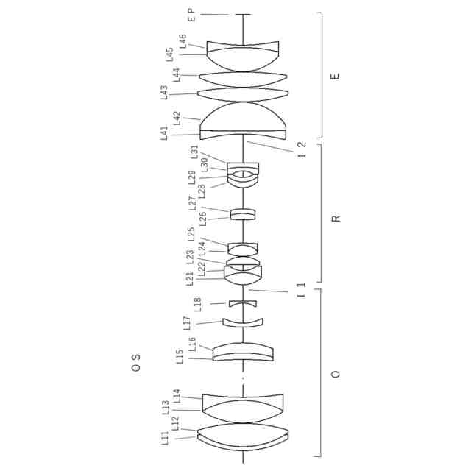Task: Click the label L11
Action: (164, 438)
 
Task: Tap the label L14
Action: (177, 396)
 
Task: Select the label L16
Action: (192, 344)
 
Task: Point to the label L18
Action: (197, 305)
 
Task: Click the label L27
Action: (192, 203)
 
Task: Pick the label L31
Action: (194, 152)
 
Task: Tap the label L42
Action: (177, 118)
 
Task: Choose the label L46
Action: (183, 41)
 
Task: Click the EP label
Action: (191, 15)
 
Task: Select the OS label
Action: (135, 363)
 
